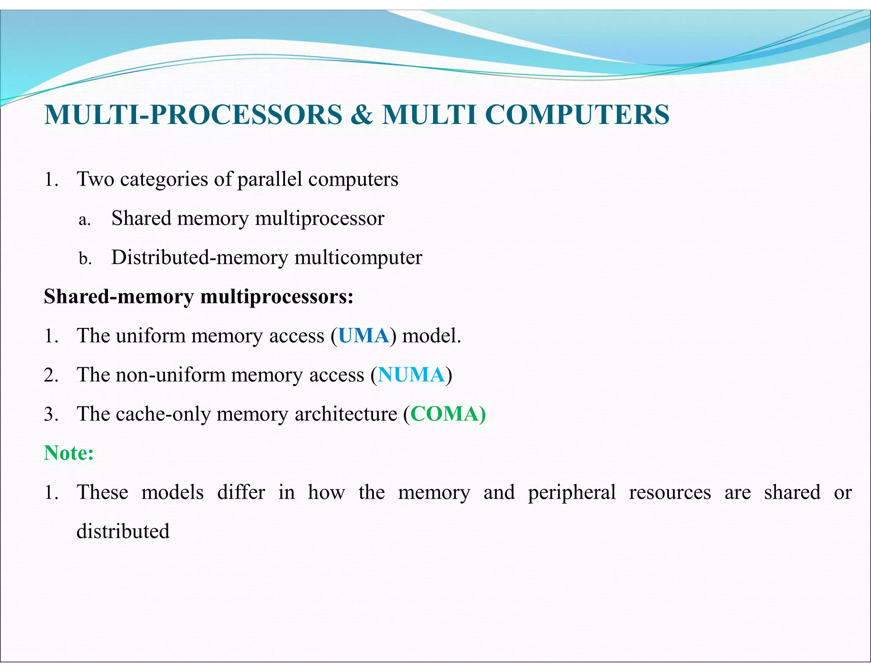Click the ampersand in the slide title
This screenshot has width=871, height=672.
pos(361,115)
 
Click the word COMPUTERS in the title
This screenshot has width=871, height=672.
pos(577,115)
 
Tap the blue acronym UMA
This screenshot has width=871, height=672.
pos(364,336)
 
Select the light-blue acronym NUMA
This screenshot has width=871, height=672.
pos(411,375)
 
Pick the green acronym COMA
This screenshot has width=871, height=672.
pos(444,414)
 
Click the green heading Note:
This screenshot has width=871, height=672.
pos(69,453)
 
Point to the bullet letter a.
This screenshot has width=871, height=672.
pos(84,220)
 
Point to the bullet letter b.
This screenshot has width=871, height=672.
pos(85,258)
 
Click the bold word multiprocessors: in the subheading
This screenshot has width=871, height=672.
pos(277,297)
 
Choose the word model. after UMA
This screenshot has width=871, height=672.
pos(432,336)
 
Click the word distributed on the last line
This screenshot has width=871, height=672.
pos(123,531)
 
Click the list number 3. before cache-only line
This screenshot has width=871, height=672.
pos(51,415)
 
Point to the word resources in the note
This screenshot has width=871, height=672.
pos(670,493)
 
